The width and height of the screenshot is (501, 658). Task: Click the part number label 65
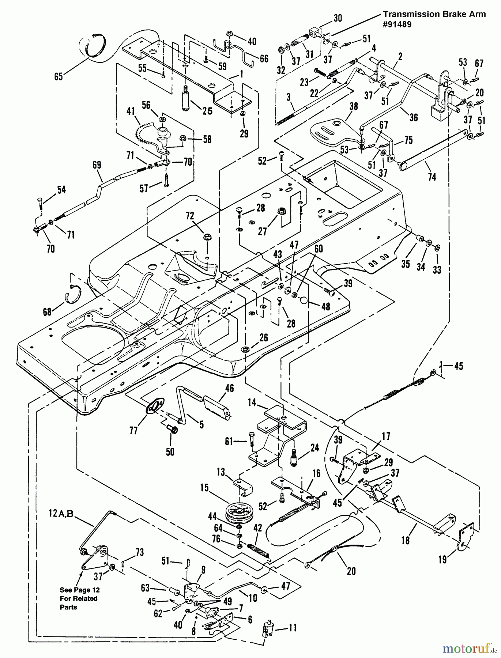(59, 76)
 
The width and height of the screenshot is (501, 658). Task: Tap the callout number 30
(338, 18)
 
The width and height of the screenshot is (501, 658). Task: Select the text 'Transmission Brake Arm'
(434, 14)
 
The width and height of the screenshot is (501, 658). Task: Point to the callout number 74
(432, 177)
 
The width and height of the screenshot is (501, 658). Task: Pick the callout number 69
(97, 165)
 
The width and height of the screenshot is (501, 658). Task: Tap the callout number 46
(230, 388)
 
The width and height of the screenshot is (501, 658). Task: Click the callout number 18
(405, 540)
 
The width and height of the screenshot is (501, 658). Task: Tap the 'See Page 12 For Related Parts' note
(79, 598)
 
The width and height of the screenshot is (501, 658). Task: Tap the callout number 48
(325, 306)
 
